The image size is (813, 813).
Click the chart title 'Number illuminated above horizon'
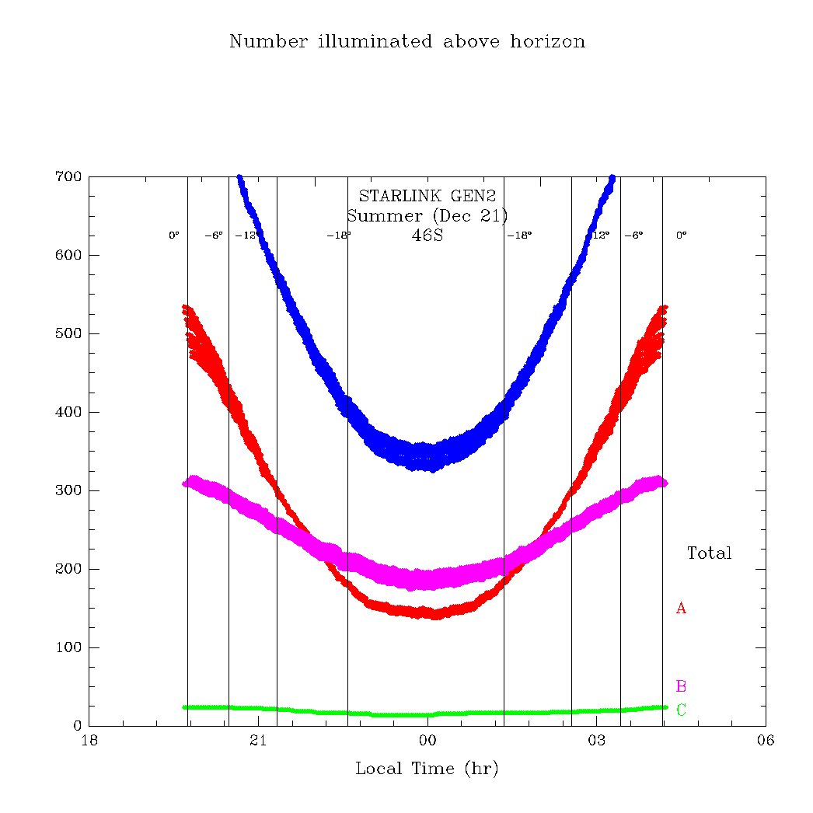click(x=406, y=42)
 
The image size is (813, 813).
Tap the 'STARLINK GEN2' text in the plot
click(x=427, y=197)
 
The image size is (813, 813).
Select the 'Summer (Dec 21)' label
click(x=427, y=215)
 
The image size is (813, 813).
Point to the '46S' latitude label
click(x=427, y=235)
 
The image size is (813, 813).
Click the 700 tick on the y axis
click(x=68, y=177)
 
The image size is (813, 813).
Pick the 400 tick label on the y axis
click(x=68, y=413)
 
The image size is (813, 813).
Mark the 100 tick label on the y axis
click(x=68, y=648)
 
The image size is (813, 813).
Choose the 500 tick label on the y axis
click(x=68, y=334)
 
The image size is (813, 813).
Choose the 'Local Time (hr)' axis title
click(x=427, y=769)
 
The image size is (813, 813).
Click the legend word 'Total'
click(x=709, y=553)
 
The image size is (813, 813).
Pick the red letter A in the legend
click(x=681, y=609)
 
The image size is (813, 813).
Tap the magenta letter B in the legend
click(x=681, y=686)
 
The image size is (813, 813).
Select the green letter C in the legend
click(x=681, y=710)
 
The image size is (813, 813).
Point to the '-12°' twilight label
click(x=246, y=236)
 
